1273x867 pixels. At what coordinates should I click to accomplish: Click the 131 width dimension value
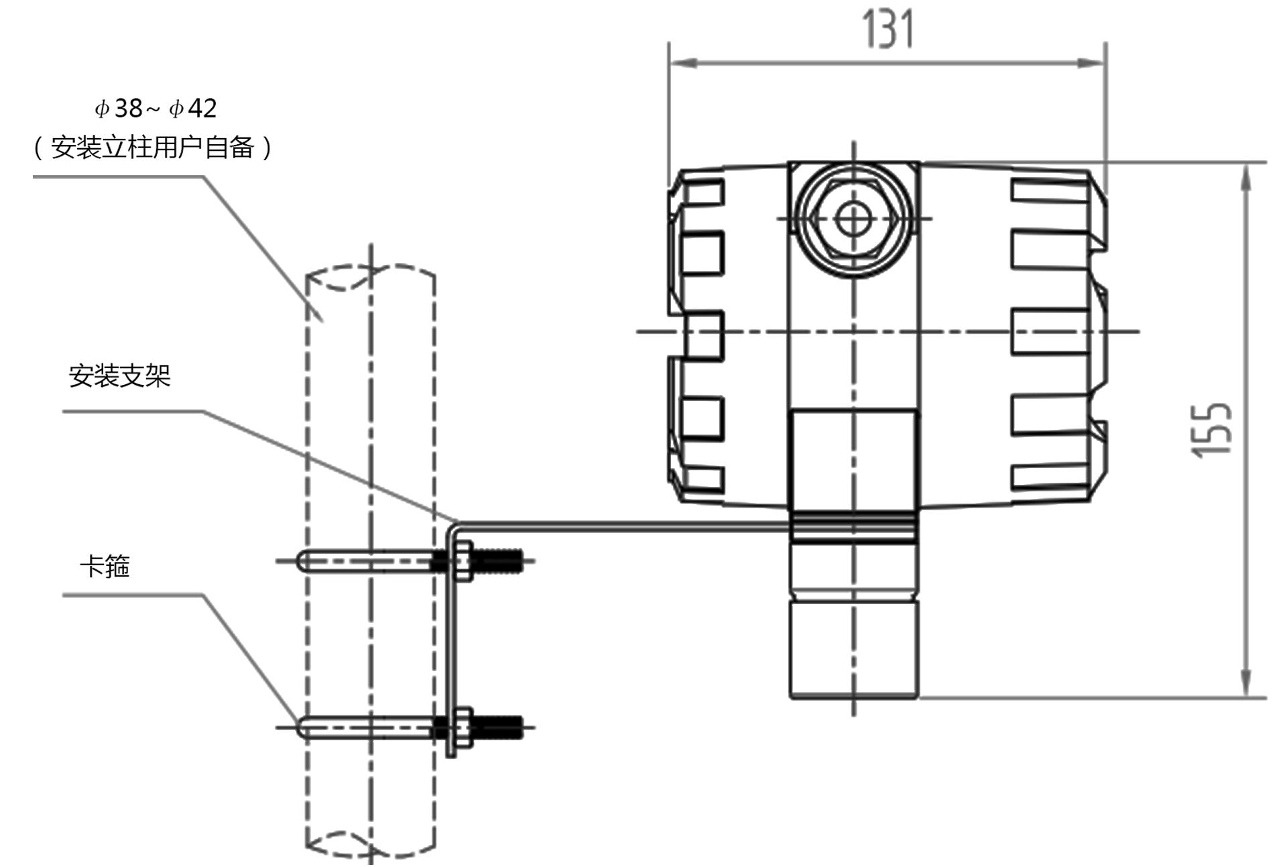coord(888,30)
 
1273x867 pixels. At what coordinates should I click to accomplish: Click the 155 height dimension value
coord(1211,430)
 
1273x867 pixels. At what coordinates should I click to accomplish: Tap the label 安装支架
coord(120,376)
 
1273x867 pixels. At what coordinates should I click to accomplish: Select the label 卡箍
coord(105,567)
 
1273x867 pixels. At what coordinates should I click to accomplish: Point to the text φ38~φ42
coord(156,108)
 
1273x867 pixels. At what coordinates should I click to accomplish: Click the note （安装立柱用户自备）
coord(153,148)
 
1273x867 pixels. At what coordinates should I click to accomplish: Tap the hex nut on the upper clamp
coord(462,561)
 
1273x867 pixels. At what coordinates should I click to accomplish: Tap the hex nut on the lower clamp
coord(462,728)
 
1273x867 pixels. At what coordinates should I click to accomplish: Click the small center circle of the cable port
coord(853,219)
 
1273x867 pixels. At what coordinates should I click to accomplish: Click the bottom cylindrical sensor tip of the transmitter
coord(853,649)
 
